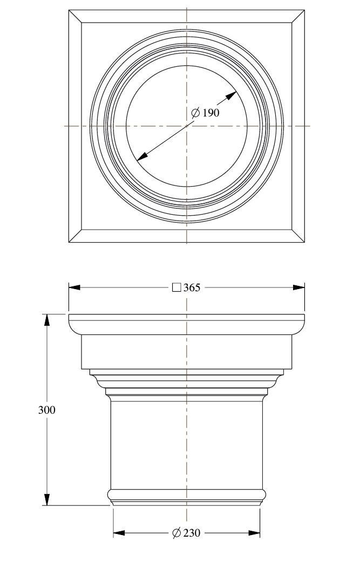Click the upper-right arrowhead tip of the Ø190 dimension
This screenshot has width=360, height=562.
coord(236,91)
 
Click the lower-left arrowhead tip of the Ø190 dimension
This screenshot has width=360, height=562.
coord(137,160)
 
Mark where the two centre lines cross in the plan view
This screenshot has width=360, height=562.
coord(187,126)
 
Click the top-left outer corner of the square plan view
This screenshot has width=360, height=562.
coord(69,10)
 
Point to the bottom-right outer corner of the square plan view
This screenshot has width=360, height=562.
coord(304,242)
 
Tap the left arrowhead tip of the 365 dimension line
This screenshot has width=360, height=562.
coord(69,287)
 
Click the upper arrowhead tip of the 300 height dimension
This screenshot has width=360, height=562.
coord(46,314)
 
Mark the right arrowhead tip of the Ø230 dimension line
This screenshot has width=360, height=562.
coord(260,533)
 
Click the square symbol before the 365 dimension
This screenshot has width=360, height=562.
coord(176,287)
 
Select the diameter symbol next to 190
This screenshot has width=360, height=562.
coord(195,113)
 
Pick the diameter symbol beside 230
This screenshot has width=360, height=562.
coord(176,533)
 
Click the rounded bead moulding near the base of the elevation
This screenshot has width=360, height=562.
coord(187,495)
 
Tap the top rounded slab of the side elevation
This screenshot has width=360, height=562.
coord(187,324)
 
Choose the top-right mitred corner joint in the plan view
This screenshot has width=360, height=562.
coord(298,17)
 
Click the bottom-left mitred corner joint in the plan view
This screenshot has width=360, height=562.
coord(76,236)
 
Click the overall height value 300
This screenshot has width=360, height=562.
coord(47,410)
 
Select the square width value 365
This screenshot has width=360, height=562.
coord(192,287)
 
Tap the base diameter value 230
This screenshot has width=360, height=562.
coord(192,533)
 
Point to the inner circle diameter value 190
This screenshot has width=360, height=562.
coord(211,113)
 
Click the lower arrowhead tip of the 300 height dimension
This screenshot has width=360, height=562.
coord(46,505)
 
